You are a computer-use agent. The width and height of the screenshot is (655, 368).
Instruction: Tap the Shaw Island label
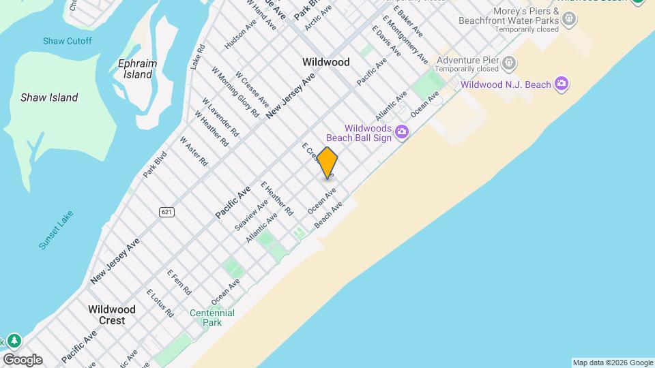tap(49, 97)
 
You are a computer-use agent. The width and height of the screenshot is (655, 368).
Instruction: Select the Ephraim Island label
tap(137, 69)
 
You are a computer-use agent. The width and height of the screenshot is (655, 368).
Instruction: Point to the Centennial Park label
tap(212, 318)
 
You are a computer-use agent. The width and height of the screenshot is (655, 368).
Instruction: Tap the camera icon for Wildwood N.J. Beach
tap(562, 85)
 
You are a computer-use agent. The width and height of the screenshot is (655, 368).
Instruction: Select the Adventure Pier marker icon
tap(509, 64)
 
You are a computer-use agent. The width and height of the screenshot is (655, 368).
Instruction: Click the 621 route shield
tap(167, 212)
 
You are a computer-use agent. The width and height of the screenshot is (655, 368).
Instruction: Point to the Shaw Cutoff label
tap(67, 41)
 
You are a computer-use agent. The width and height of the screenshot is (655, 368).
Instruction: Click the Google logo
tap(23, 360)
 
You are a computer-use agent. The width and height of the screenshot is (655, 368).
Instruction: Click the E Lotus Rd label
tap(160, 303)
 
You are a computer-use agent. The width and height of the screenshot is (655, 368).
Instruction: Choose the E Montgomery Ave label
tap(405, 37)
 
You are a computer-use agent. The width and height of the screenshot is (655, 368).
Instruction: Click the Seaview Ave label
tap(252, 215)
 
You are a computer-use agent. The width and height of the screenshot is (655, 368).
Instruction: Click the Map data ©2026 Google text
tap(613, 363)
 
